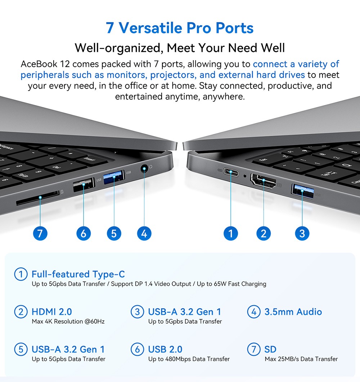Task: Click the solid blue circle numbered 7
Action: [x=40, y=233]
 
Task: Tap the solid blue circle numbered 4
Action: [x=144, y=233]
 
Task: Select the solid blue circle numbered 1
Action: [x=231, y=233]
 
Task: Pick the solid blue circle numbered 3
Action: [x=302, y=233]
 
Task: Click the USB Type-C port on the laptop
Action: [x=231, y=172]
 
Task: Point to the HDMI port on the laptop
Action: [x=264, y=181]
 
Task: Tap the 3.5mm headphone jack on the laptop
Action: [x=144, y=168]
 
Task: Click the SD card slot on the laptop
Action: [x=38, y=198]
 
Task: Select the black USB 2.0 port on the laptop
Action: [x=84, y=185]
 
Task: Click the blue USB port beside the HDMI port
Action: [x=302, y=191]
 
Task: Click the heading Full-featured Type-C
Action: [x=78, y=274]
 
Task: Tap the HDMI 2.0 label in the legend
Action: [x=51, y=312]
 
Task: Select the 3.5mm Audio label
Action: [x=293, y=312]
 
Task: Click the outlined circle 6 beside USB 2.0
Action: [x=138, y=349]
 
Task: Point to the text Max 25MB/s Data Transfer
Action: [x=301, y=359]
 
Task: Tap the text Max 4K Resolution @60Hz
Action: [x=68, y=322]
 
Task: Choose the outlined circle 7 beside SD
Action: [x=254, y=349]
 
